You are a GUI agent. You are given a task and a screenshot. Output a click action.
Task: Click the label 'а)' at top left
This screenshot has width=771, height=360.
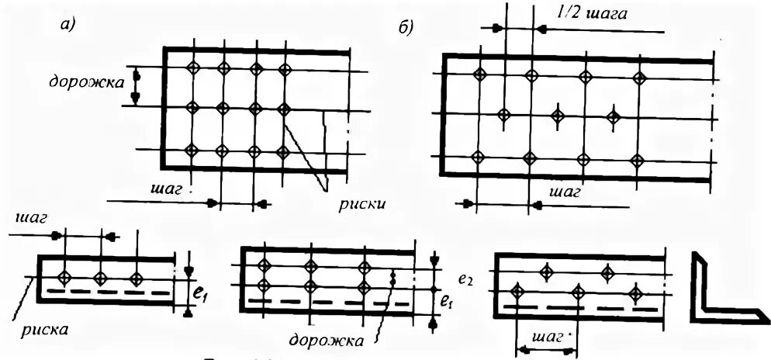[x=67, y=26]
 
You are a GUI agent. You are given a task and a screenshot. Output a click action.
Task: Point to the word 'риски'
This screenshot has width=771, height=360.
[x=361, y=204]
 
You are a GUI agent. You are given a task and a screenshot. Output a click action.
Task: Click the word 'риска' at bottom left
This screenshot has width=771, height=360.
[x=44, y=328]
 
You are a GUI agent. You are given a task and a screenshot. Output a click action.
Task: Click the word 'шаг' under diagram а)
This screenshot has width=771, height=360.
[x=165, y=189]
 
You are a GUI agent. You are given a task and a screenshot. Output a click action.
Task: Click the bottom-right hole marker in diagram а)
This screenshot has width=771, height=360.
[x=283, y=150]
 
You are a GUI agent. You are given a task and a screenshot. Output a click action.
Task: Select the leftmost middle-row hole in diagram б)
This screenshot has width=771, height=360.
[x=503, y=116]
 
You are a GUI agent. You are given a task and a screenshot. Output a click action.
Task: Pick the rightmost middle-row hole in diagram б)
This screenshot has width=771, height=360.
[x=613, y=117]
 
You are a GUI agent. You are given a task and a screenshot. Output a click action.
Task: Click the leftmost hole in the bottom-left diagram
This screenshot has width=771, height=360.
[x=66, y=277]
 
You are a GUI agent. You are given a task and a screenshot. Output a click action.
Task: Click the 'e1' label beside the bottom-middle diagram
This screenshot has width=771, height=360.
[x=444, y=299]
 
